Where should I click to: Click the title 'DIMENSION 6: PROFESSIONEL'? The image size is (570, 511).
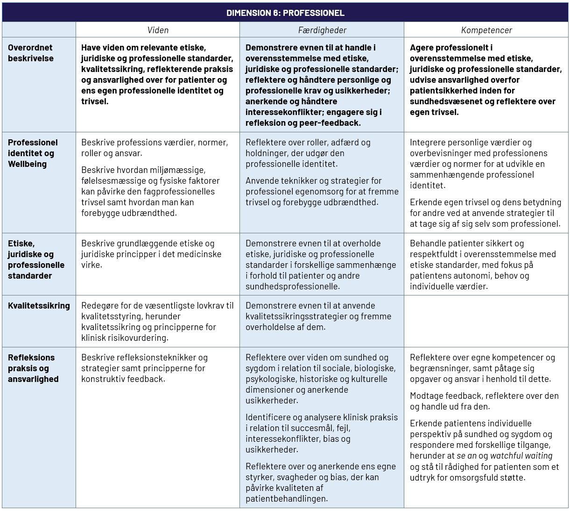(x=285, y=13)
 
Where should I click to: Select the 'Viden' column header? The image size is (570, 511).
(x=158, y=30)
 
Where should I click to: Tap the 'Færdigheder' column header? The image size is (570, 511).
(x=322, y=30)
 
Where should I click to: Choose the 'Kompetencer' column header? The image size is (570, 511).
(x=486, y=30)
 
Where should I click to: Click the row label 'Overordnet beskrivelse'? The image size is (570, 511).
(x=31, y=53)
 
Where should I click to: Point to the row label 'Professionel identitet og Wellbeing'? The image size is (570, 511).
(x=33, y=153)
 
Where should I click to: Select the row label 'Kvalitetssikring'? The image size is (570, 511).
(x=39, y=306)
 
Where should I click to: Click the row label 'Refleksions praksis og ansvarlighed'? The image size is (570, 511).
(x=33, y=368)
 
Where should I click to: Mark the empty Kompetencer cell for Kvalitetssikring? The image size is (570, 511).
(x=486, y=321)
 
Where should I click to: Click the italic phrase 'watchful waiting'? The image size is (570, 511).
(x=521, y=456)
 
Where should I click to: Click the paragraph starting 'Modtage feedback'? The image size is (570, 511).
(x=484, y=401)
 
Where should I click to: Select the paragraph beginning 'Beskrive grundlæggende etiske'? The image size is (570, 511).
(x=151, y=254)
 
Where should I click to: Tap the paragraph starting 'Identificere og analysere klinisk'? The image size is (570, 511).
(x=322, y=433)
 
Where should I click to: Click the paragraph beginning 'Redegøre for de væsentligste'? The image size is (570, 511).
(x=157, y=322)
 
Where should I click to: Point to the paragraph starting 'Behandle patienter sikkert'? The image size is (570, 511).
(x=483, y=265)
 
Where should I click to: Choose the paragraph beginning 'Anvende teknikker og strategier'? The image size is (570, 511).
(x=322, y=191)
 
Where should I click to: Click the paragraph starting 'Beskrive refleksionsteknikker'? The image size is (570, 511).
(x=144, y=368)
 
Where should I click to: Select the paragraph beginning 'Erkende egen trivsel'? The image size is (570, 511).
(x=485, y=213)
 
